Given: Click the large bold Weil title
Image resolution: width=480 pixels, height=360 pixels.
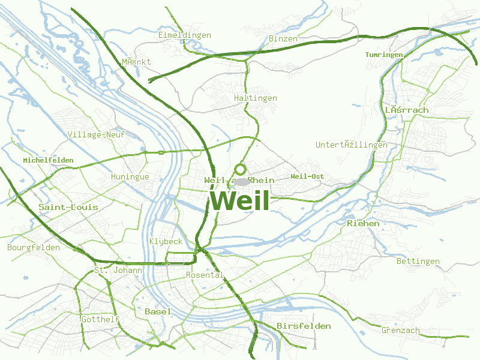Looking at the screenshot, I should [x=240, y=200].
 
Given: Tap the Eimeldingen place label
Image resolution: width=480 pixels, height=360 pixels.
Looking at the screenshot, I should [x=185, y=35].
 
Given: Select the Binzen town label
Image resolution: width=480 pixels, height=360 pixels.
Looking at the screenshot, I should [x=283, y=39].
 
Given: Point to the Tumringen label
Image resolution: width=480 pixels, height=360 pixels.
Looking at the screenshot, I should [x=384, y=55].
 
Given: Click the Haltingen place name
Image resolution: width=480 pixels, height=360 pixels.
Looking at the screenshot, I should [x=256, y=98].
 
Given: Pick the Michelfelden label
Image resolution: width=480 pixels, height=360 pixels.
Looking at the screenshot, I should [x=48, y=160].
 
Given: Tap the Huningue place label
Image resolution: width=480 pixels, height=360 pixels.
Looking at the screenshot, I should [x=130, y=177].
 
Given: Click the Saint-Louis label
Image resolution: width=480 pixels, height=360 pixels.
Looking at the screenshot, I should [x=68, y=207].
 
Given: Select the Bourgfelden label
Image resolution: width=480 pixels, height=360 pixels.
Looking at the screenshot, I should [x=34, y=247].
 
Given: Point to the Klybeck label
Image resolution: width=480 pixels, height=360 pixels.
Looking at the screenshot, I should [x=166, y=241].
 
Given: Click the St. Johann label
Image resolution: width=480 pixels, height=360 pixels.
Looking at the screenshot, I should [x=118, y=271].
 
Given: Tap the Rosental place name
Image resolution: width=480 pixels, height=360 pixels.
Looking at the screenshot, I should [x=205, y=275].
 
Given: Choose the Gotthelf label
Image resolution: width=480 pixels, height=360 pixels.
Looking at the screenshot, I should [x=100, y=319].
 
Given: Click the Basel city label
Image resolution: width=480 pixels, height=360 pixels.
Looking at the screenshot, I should [x=158, y=311].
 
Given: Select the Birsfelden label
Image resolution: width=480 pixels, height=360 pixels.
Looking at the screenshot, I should [x=304, y=326].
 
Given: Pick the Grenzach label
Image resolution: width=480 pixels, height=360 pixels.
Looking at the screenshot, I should [x=401, y=330].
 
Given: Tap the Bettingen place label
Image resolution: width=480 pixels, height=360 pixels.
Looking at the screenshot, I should [x=418, y=262].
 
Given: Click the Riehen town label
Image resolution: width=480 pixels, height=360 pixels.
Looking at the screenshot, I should [x=363, y=223].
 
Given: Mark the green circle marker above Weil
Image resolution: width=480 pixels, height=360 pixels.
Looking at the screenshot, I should [x=241, y=169].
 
